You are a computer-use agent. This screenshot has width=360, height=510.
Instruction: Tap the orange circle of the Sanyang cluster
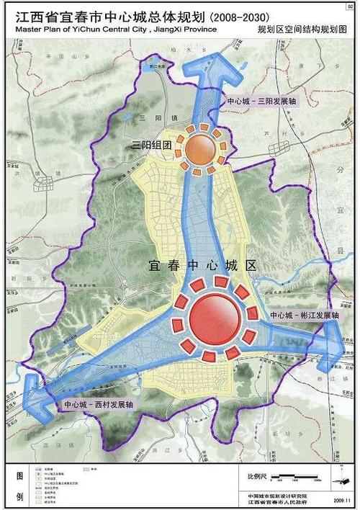(203, 147)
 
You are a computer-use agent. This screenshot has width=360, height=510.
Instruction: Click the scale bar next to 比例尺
(288, 478)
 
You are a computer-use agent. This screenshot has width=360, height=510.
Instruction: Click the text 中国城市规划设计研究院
(276, 495)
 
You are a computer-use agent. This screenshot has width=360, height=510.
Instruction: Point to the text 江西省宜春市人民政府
(276, 502)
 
